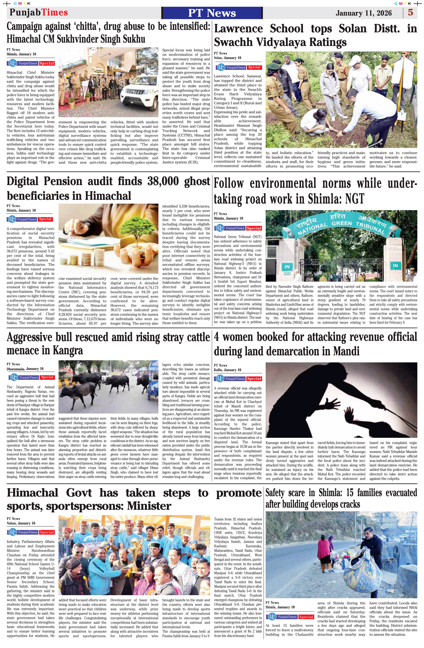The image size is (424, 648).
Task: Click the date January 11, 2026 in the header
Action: click(x=364, y=13)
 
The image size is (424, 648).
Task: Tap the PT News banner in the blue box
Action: click(x=212, y=13)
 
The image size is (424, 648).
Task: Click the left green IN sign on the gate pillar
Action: click(x=287, y=267)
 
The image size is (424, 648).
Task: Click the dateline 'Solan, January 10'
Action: click(x=227, y=58)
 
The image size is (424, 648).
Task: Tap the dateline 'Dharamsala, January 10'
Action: click(x=25, y=369)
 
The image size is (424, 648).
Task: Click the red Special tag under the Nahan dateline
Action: click(x=47, y=532)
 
